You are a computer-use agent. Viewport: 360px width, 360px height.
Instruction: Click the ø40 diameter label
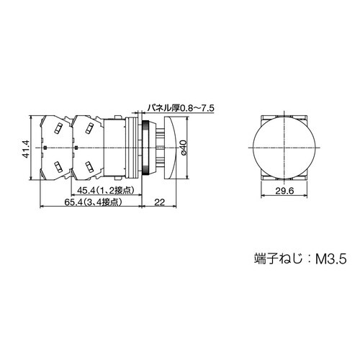tap(184, 148)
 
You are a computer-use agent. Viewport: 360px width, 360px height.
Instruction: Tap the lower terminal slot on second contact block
tap(89, 168)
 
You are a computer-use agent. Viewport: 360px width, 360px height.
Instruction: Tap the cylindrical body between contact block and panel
tap(116, 148)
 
